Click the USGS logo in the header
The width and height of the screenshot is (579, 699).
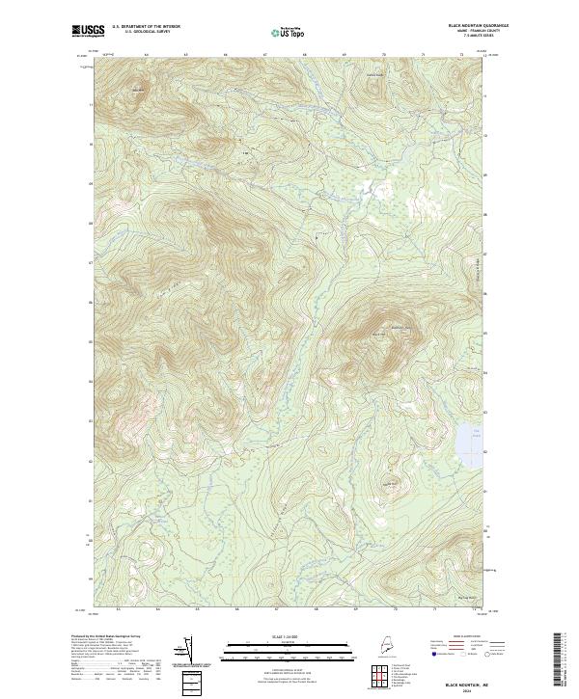coord(89,31)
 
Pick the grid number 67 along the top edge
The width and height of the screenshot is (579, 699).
coord(264,54)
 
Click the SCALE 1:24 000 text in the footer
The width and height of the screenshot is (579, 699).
coord(262,636)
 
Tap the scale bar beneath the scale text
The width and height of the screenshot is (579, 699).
coord(262,650)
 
